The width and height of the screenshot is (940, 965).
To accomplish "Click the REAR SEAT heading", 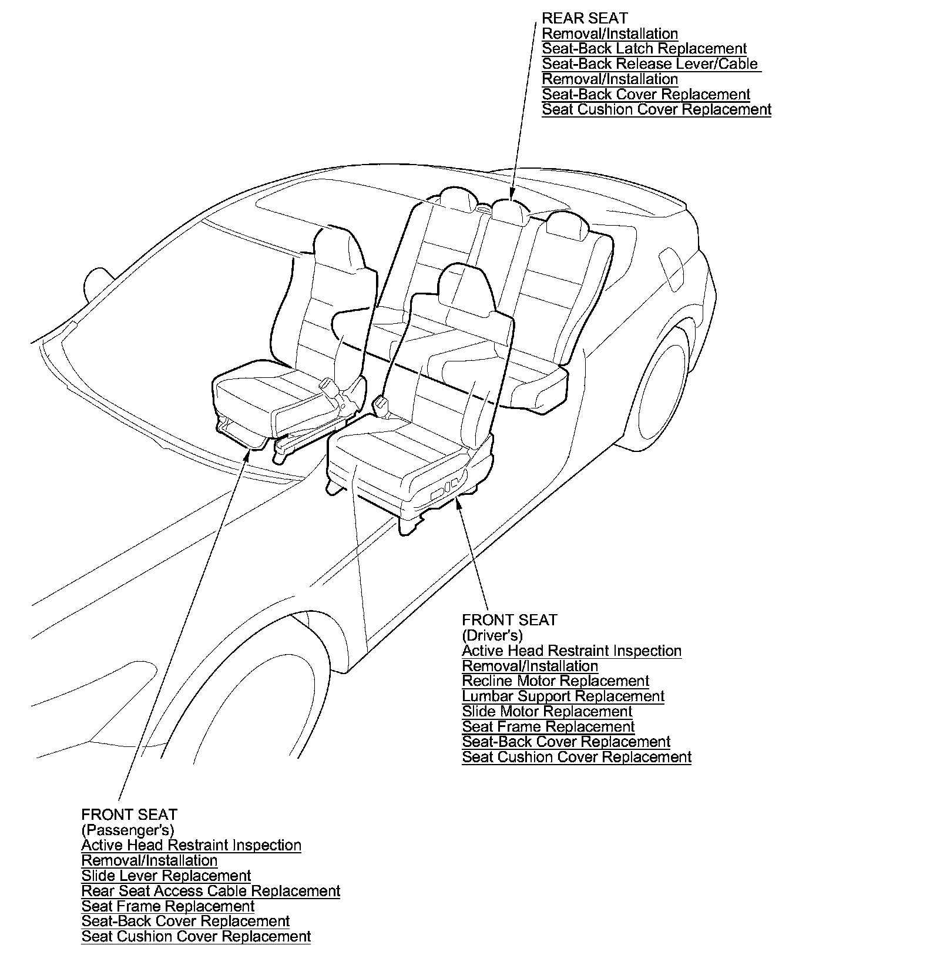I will pos(585,19).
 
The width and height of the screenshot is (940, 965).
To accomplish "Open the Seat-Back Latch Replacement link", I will pos(644,49).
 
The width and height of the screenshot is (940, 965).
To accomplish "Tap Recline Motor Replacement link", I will pos(555,681).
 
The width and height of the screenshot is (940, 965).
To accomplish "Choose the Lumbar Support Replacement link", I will pos(563,696).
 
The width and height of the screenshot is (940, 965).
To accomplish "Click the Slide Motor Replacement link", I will pos(547,712).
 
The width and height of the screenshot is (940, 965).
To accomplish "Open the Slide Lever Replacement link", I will pos(166,876).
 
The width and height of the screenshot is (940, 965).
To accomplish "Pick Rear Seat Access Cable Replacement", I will pos(211,891).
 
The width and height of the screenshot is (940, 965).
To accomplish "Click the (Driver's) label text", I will pos(492,635).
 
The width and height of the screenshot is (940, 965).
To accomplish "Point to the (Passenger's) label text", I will pos(127,830).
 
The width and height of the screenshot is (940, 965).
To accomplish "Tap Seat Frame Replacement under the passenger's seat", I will pos(168,906).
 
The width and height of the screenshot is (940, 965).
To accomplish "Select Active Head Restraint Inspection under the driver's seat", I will pos(572,651).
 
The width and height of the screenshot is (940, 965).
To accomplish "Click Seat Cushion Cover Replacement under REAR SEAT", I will pos(656,110).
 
